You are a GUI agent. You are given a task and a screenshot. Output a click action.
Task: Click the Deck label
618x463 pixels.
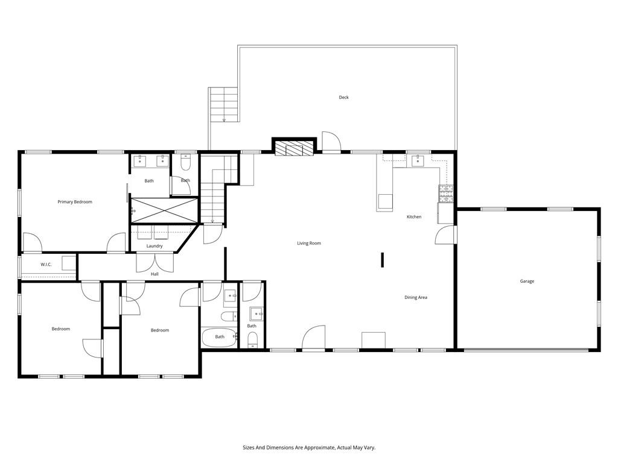343,97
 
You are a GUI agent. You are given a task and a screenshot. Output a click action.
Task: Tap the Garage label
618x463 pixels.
527,281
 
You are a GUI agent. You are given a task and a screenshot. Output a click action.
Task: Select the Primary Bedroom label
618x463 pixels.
75,202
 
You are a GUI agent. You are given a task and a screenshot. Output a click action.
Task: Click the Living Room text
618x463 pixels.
308,244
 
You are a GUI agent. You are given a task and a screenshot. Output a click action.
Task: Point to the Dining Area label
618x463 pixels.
416,297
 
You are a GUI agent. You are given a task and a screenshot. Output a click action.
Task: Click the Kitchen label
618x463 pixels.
413,217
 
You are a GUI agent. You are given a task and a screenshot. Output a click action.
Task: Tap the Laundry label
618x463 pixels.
154,246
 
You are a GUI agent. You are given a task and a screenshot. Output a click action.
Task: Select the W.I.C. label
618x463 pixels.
46,265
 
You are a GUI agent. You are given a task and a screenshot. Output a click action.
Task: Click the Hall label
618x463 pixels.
154,274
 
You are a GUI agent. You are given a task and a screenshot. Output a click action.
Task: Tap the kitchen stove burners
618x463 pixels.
445,193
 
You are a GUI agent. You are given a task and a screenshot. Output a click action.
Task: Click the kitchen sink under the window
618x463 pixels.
418,160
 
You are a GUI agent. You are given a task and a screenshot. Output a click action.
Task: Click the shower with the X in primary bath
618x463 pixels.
164,210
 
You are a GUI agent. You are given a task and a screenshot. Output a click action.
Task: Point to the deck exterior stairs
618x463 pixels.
224,105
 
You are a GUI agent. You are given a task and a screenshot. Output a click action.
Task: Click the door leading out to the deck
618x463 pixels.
331,142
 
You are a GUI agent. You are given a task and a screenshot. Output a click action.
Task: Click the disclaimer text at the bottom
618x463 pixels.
309,448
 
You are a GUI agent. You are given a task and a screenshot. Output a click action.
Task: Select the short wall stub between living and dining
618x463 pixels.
382,259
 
